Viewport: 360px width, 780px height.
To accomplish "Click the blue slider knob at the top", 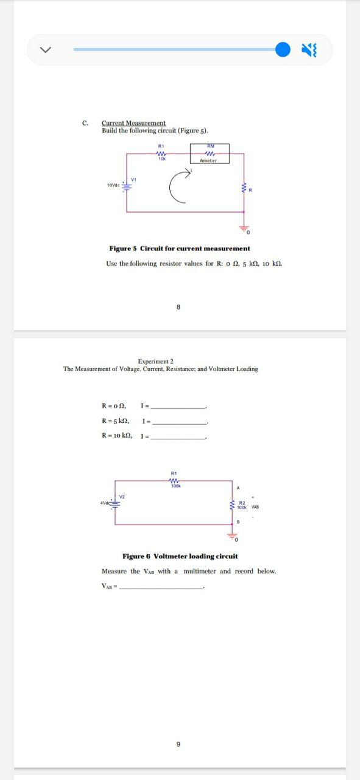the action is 283,50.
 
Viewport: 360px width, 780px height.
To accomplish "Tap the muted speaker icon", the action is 309,50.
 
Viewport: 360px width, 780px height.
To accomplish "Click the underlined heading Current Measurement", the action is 133,123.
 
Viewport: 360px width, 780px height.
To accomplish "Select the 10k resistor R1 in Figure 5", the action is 161,154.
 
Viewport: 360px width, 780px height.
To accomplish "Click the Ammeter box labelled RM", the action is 210,154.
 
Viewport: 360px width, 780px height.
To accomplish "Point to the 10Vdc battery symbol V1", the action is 127,185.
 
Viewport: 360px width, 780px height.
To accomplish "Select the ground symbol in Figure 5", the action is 244,228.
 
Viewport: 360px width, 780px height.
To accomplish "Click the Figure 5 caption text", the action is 179,249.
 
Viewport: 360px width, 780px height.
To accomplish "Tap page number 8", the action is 178,307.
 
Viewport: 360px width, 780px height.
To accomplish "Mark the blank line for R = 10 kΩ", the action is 179,437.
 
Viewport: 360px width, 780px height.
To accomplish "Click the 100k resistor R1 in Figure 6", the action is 174,481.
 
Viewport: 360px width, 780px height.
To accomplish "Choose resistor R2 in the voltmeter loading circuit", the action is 232,505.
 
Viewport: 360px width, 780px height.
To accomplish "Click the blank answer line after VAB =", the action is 161,587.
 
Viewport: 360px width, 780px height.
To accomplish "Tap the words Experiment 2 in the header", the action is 155,361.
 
